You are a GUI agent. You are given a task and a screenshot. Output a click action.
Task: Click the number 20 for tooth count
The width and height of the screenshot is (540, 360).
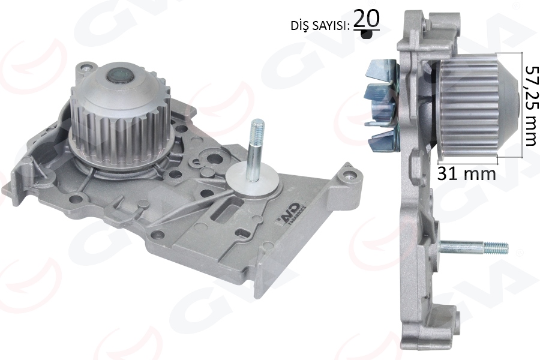[366, 19]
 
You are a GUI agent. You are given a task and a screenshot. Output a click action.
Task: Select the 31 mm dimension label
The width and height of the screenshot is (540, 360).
[466, 174]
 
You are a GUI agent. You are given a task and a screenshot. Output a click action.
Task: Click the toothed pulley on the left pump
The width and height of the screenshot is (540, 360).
[120, 120]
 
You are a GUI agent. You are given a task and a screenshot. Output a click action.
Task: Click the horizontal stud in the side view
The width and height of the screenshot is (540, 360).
[474, 247]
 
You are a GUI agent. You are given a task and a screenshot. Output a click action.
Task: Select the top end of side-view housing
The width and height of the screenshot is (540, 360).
[420, 18]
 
